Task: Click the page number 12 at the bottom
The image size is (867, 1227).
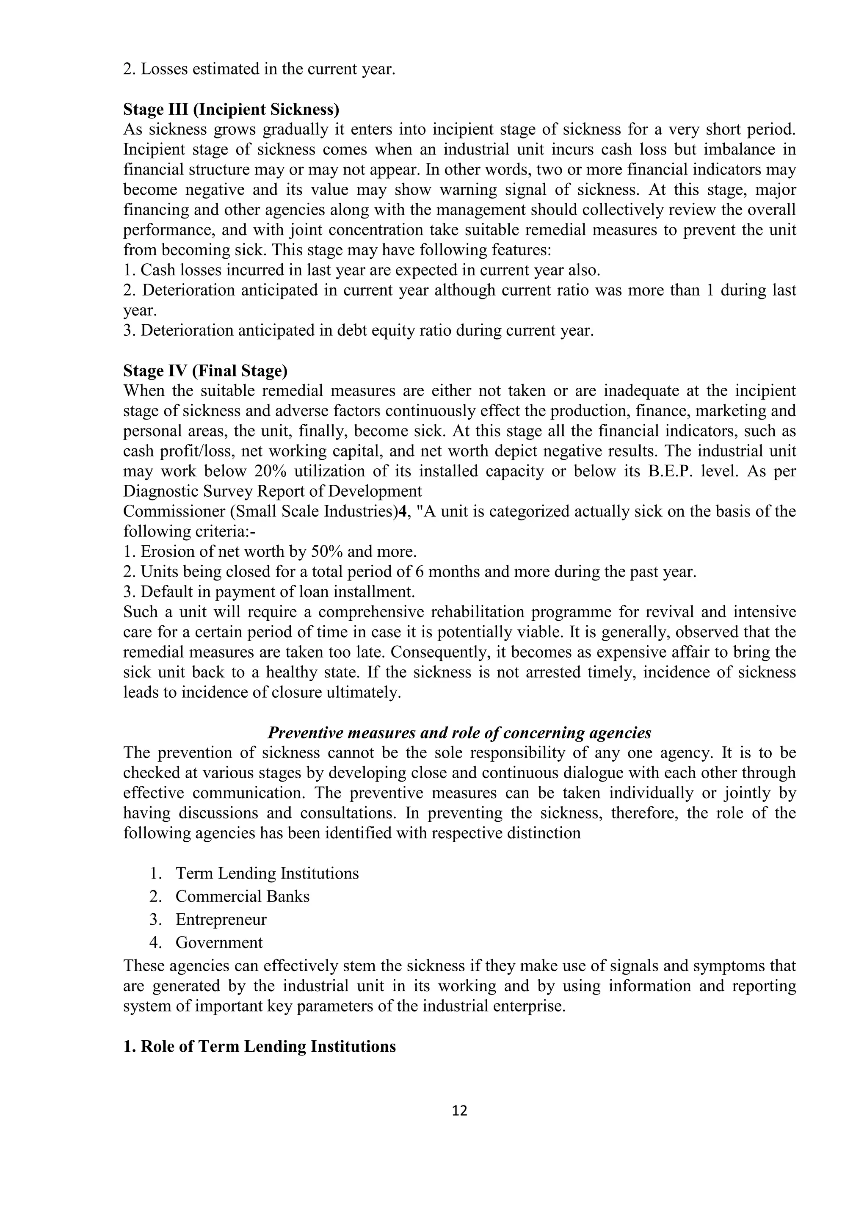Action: click(459, 1111)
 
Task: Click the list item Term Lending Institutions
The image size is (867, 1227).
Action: click(267, 873)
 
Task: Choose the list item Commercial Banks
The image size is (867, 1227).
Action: click(243, 896)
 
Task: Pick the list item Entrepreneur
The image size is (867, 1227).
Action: click(221, 919)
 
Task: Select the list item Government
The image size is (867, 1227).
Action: click(219, 942)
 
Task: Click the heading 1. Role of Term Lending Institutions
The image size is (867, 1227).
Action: click(260, 1046)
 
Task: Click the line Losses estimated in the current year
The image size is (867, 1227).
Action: click(260, 69)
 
